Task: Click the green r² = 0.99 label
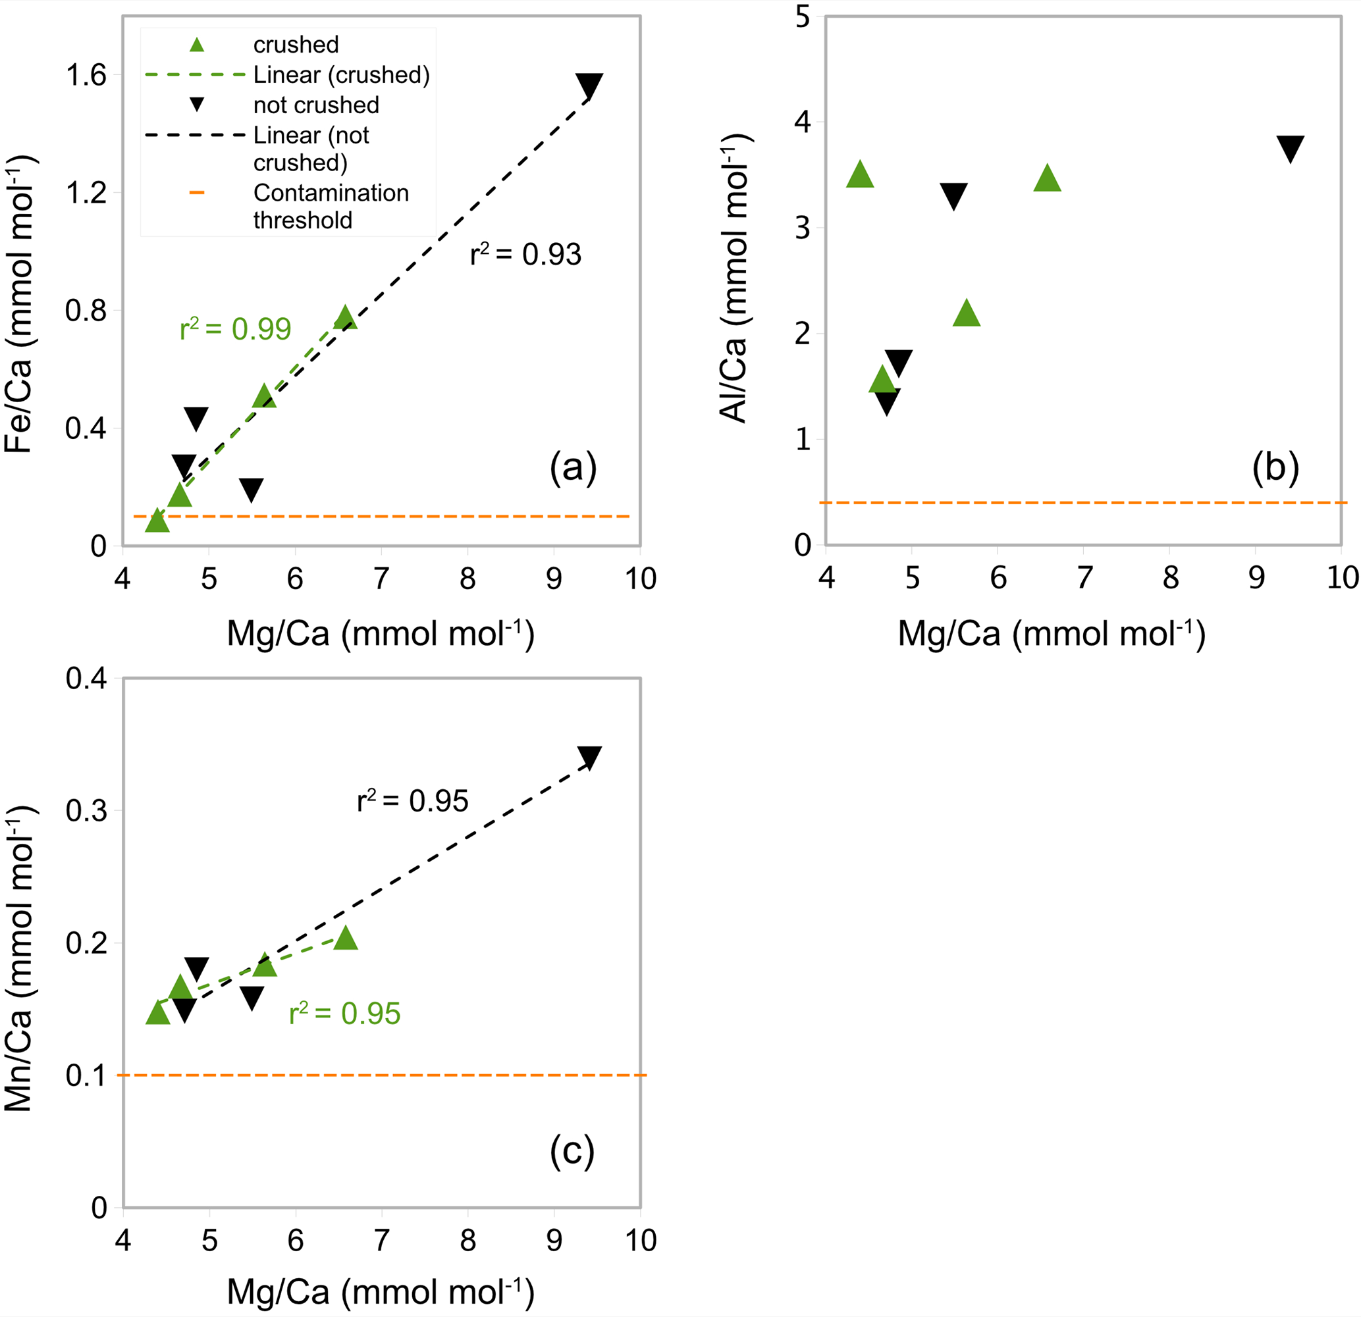click(x=234, y=329)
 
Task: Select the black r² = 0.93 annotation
click(x=525, y=255)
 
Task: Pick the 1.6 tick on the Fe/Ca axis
click(x=86, y=75)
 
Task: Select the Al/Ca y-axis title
click(x=735, y=278)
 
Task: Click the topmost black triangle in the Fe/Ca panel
click(x=589, y=85)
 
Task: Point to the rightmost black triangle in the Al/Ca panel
click(x=1290, y=148)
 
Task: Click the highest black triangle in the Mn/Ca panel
click(x=589, y=757)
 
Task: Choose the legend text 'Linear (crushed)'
click(x=341, y=75)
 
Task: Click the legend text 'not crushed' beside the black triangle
click(x=316, y=105)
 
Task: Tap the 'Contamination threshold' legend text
click(x=331, y=206)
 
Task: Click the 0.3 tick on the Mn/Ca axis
click(x=86, y=810)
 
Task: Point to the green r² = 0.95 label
click(x=344, y=1014)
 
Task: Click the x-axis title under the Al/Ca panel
click(x=1052, y=634)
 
